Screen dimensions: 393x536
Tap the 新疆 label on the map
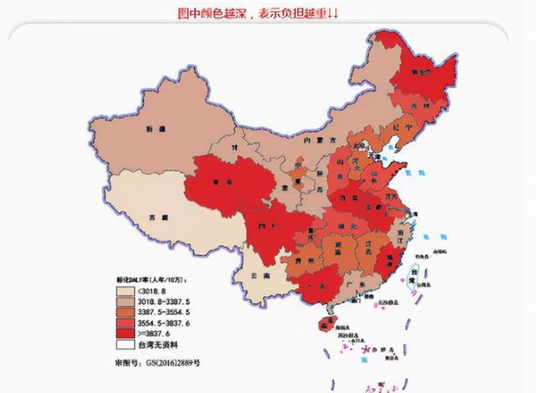coord(152,129)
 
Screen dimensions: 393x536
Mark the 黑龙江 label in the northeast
coord(425,73)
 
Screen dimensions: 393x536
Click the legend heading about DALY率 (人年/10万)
coord(152,279)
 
